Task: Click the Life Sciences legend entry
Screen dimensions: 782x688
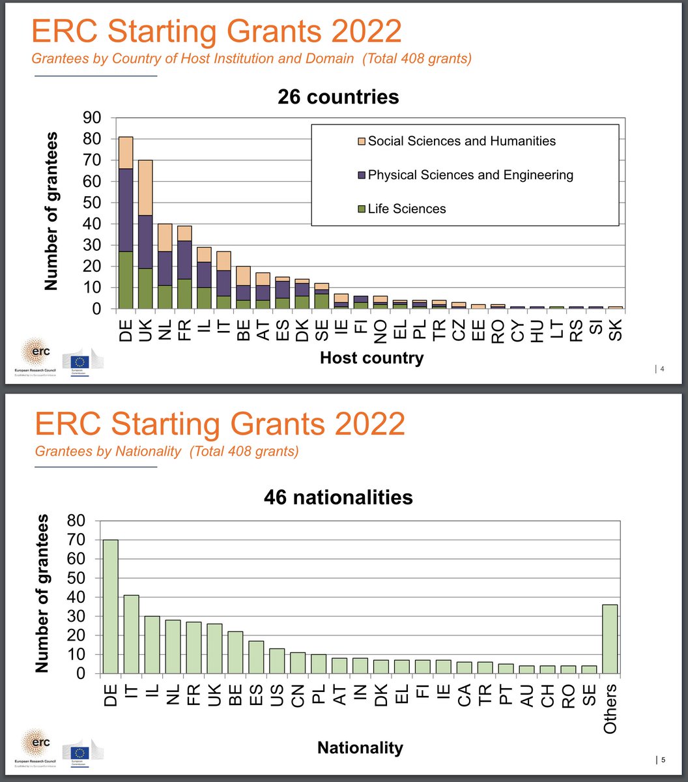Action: pyautogui.click(x=407, y=209)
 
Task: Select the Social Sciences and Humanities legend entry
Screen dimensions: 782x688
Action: pyautogui.click(x=461, y=141)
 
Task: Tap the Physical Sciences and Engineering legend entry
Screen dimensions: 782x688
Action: pyautogui.click(x=470, y=175)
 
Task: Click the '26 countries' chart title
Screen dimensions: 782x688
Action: pyautogui.click(x=338, y=97)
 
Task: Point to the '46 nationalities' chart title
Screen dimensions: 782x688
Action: pyautogui.click(x=338, y=497)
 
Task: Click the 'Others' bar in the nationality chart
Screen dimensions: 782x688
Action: pyautogui.click(x=610, y=639)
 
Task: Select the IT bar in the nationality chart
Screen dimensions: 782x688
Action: pyautogui.click(x=131, y=633)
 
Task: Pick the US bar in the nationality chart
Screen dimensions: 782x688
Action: pyautogui.click(x=278, y=660)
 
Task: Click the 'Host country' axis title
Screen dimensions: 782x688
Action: pyautogui.click(x=371, y=357)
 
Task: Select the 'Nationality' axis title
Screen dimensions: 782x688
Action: pyautogui.click(x=360, y=748)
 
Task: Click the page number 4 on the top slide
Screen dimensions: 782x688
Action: pyautogui.click(x=663, y=370)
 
